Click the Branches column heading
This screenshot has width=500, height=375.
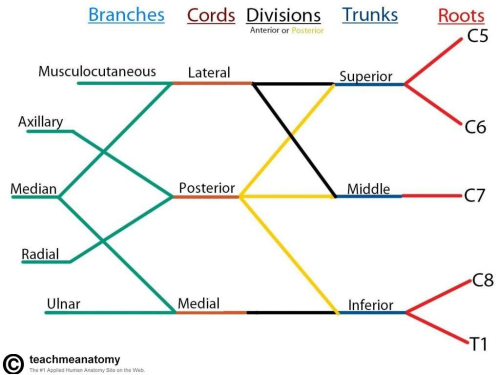126,15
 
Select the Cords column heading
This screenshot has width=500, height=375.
211,15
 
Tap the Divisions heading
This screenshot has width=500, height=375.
283,15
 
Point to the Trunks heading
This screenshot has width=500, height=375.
370,15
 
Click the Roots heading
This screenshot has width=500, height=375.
461,16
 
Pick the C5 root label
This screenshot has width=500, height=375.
477,36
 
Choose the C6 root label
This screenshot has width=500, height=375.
475,127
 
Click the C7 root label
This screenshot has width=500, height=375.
474,195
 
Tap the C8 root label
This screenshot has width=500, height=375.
483,281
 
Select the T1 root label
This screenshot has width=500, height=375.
478,344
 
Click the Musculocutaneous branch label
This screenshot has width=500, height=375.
97,71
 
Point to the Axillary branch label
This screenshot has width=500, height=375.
40,121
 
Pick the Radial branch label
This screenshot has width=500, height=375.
40,254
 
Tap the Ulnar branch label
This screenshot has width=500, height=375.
63,303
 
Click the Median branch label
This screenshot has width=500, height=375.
33,189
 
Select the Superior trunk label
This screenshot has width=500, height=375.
366,76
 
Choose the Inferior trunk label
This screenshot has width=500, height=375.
370,304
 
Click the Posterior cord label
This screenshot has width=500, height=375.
207,188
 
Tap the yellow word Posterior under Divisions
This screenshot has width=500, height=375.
308,30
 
